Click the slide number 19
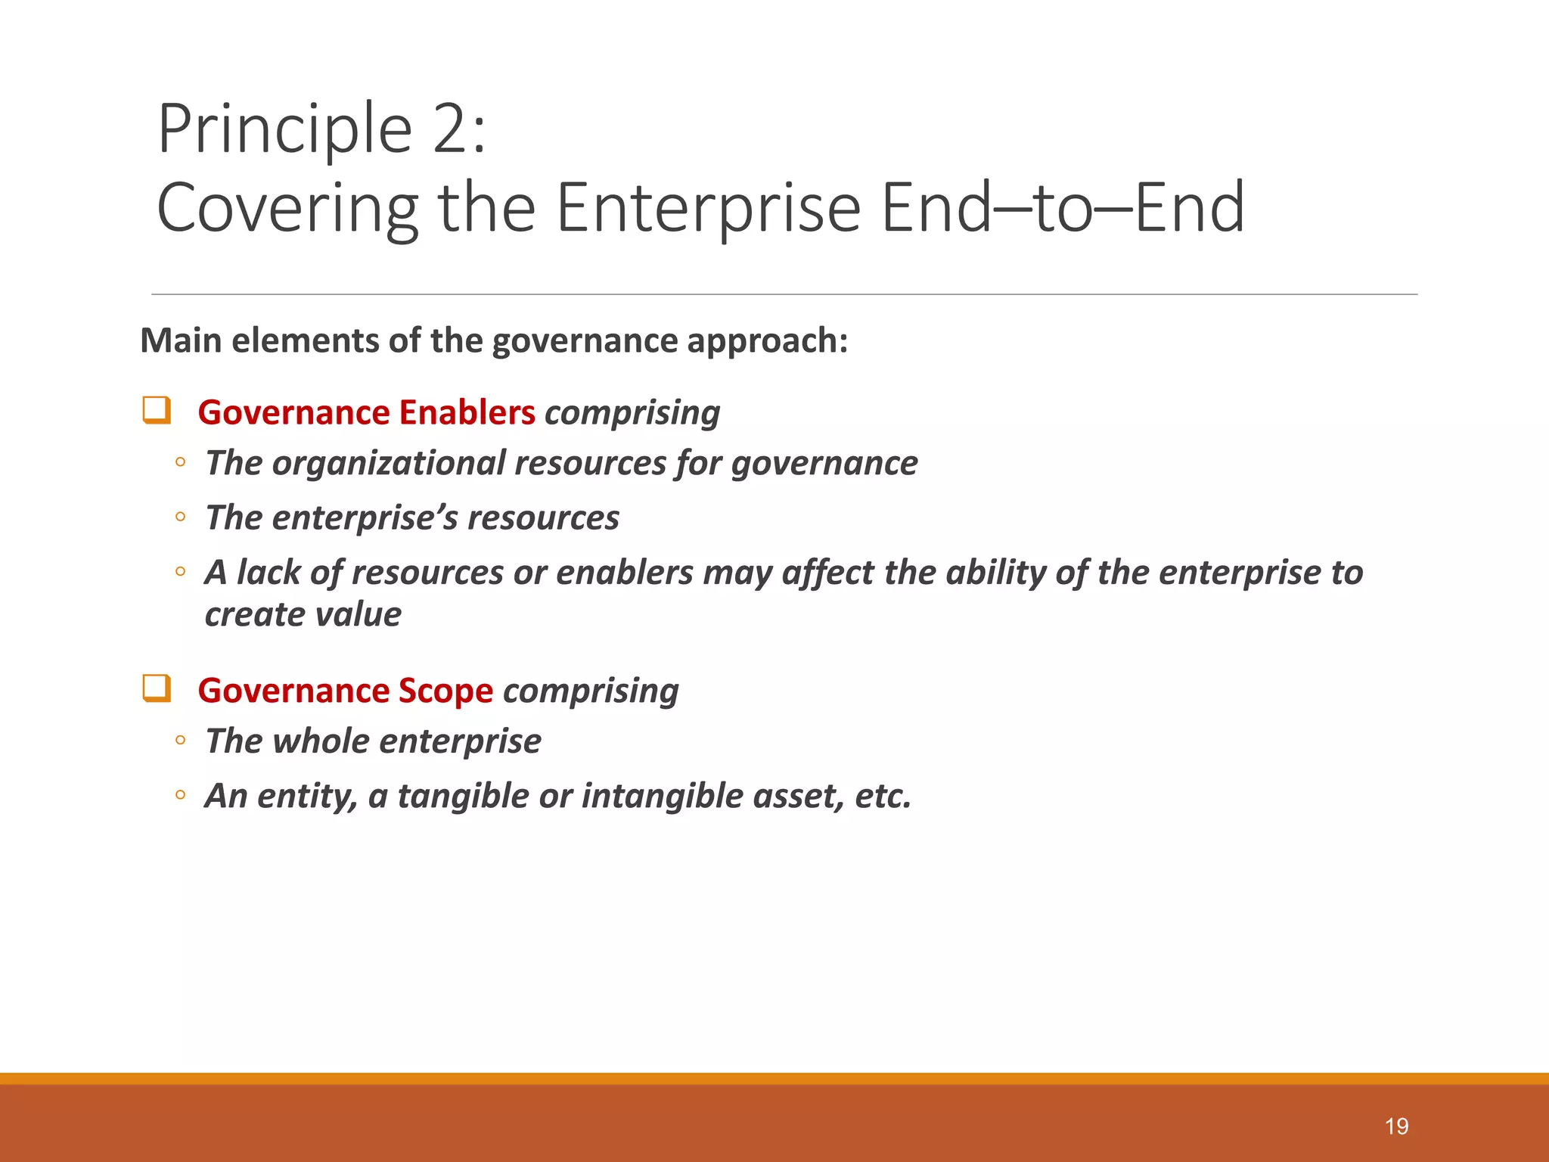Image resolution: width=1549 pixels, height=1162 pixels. click(1396, 1126)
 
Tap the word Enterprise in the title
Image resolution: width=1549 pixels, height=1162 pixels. click(708, 208)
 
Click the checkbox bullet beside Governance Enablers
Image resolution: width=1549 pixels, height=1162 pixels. click(157, 410)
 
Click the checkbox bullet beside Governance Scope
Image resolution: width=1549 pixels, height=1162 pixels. click(157, 688)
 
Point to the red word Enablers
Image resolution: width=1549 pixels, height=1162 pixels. click(467, 413)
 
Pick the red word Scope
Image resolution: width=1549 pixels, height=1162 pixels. click(445, 691)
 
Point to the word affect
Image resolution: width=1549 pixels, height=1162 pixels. click(827, 573)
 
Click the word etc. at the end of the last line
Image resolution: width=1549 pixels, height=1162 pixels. click(883, 797)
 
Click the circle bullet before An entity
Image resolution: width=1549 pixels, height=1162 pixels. click(180, 795)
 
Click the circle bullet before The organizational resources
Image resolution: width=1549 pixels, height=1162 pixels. click(180, 462)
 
